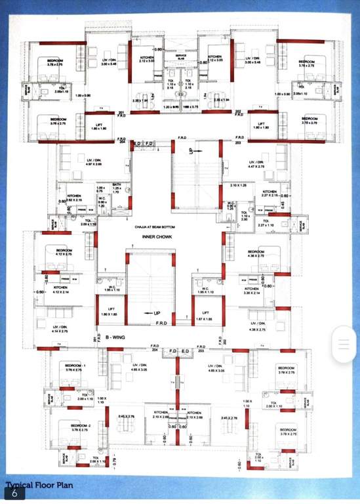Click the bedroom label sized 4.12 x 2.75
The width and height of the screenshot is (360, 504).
[x=64, y=252]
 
